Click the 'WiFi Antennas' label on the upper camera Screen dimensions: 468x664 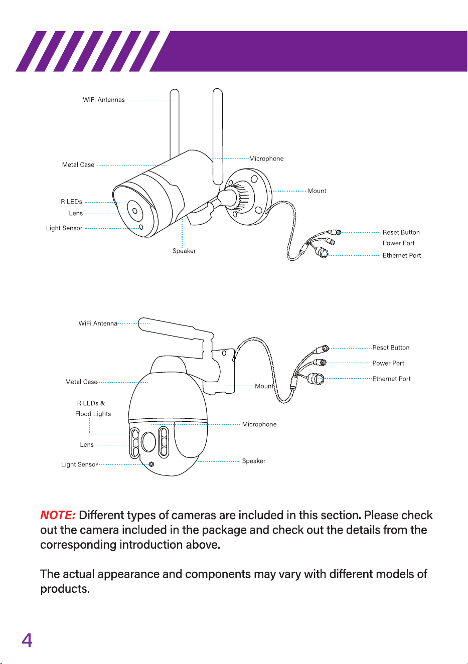[x=104, y=100]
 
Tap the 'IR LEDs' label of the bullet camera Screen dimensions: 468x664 [x=70, y=202]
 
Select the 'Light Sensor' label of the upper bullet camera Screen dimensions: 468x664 [x=64, y=228]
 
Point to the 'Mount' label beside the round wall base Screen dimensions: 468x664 [x=317, y=191]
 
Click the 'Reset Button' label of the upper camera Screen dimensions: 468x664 [x=401, y=232]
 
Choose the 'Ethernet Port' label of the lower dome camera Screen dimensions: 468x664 [x=391, y=379]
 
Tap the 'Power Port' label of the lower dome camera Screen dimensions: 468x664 [x=388, y=363]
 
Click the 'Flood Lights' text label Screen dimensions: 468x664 [x=93, y=414]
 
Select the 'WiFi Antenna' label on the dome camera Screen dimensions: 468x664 [x=98, y=323]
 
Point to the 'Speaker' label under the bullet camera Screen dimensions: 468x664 [x=184, y=251]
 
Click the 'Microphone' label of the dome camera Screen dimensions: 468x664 [x=259, y=424]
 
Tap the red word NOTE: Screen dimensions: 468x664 [x=58, y=515]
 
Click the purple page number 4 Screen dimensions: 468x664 [x=27, y=641]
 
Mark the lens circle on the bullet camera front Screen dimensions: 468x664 [x=135, y=211]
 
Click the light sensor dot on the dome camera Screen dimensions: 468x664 [x=151, y=464]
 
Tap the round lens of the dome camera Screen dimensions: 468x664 [x=148, y=442]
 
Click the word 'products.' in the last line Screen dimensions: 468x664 [x=65, y=589]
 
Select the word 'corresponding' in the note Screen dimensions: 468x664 [x=78, y=545]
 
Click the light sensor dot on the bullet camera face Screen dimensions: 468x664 [x=141, y=227]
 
